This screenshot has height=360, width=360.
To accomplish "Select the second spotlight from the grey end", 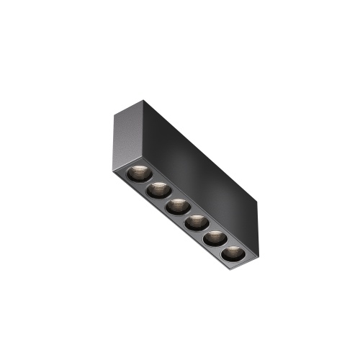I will [156, 190].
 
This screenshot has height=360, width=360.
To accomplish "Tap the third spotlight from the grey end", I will [175, 207].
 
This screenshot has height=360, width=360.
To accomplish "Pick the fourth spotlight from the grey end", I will [194, 222].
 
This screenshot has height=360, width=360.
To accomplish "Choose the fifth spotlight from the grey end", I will [213, 238].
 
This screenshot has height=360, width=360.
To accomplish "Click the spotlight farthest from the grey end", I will [232, 254].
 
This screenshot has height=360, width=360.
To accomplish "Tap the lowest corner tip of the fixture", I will [238, 269].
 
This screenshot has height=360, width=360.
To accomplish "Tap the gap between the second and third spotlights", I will [166, 199].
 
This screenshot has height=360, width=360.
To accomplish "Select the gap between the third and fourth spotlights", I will [184, 215].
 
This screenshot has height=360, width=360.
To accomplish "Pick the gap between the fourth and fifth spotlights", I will [204, 230].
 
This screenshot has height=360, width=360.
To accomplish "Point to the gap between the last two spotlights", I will [222, 246].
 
